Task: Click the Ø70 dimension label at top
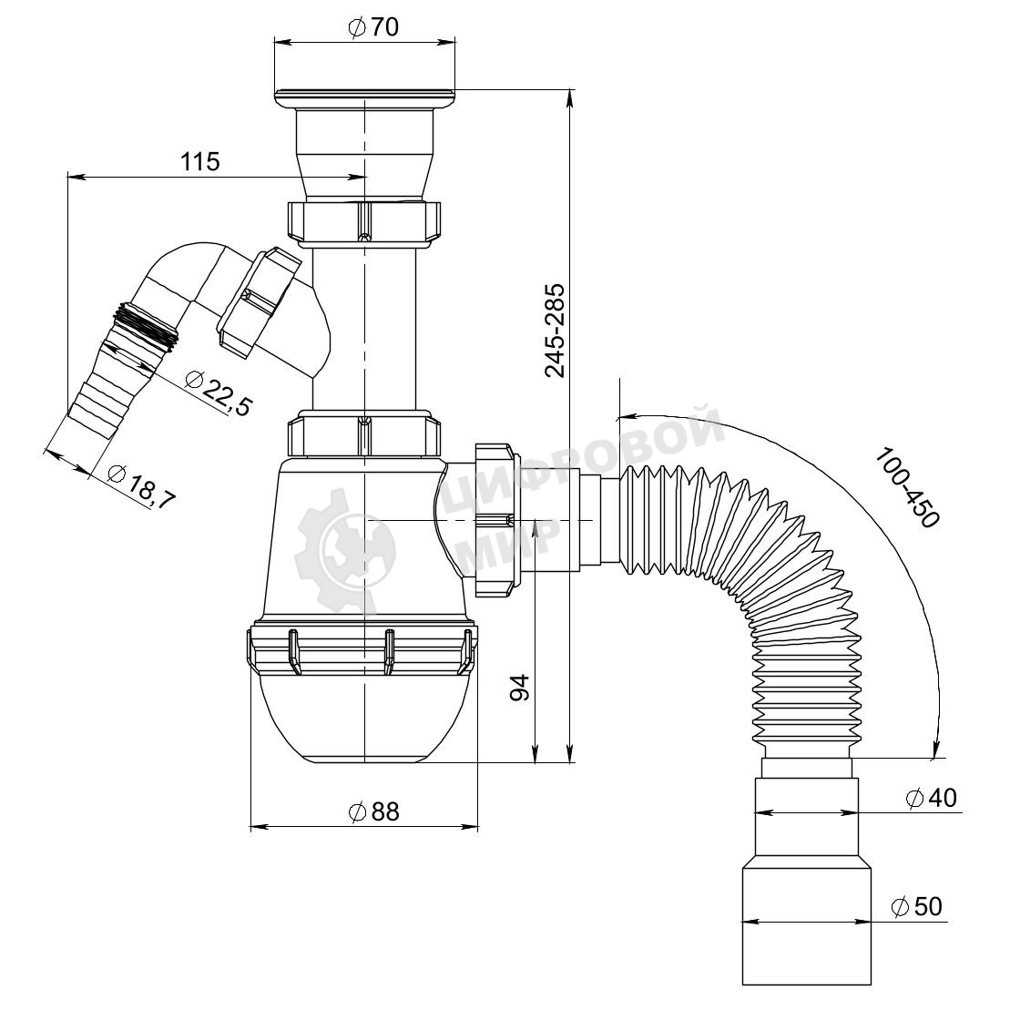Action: coord(373,27)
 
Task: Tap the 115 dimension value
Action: coord(200,161)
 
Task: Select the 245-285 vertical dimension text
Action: coord(556,331)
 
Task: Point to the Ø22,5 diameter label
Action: coord(218,392)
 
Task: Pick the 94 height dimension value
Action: coord(520,688)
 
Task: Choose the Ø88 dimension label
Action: coord(373,811)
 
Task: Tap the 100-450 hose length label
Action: coord(907,487)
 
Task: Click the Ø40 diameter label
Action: coord(932,798)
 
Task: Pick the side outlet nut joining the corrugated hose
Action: coord(495,520)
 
